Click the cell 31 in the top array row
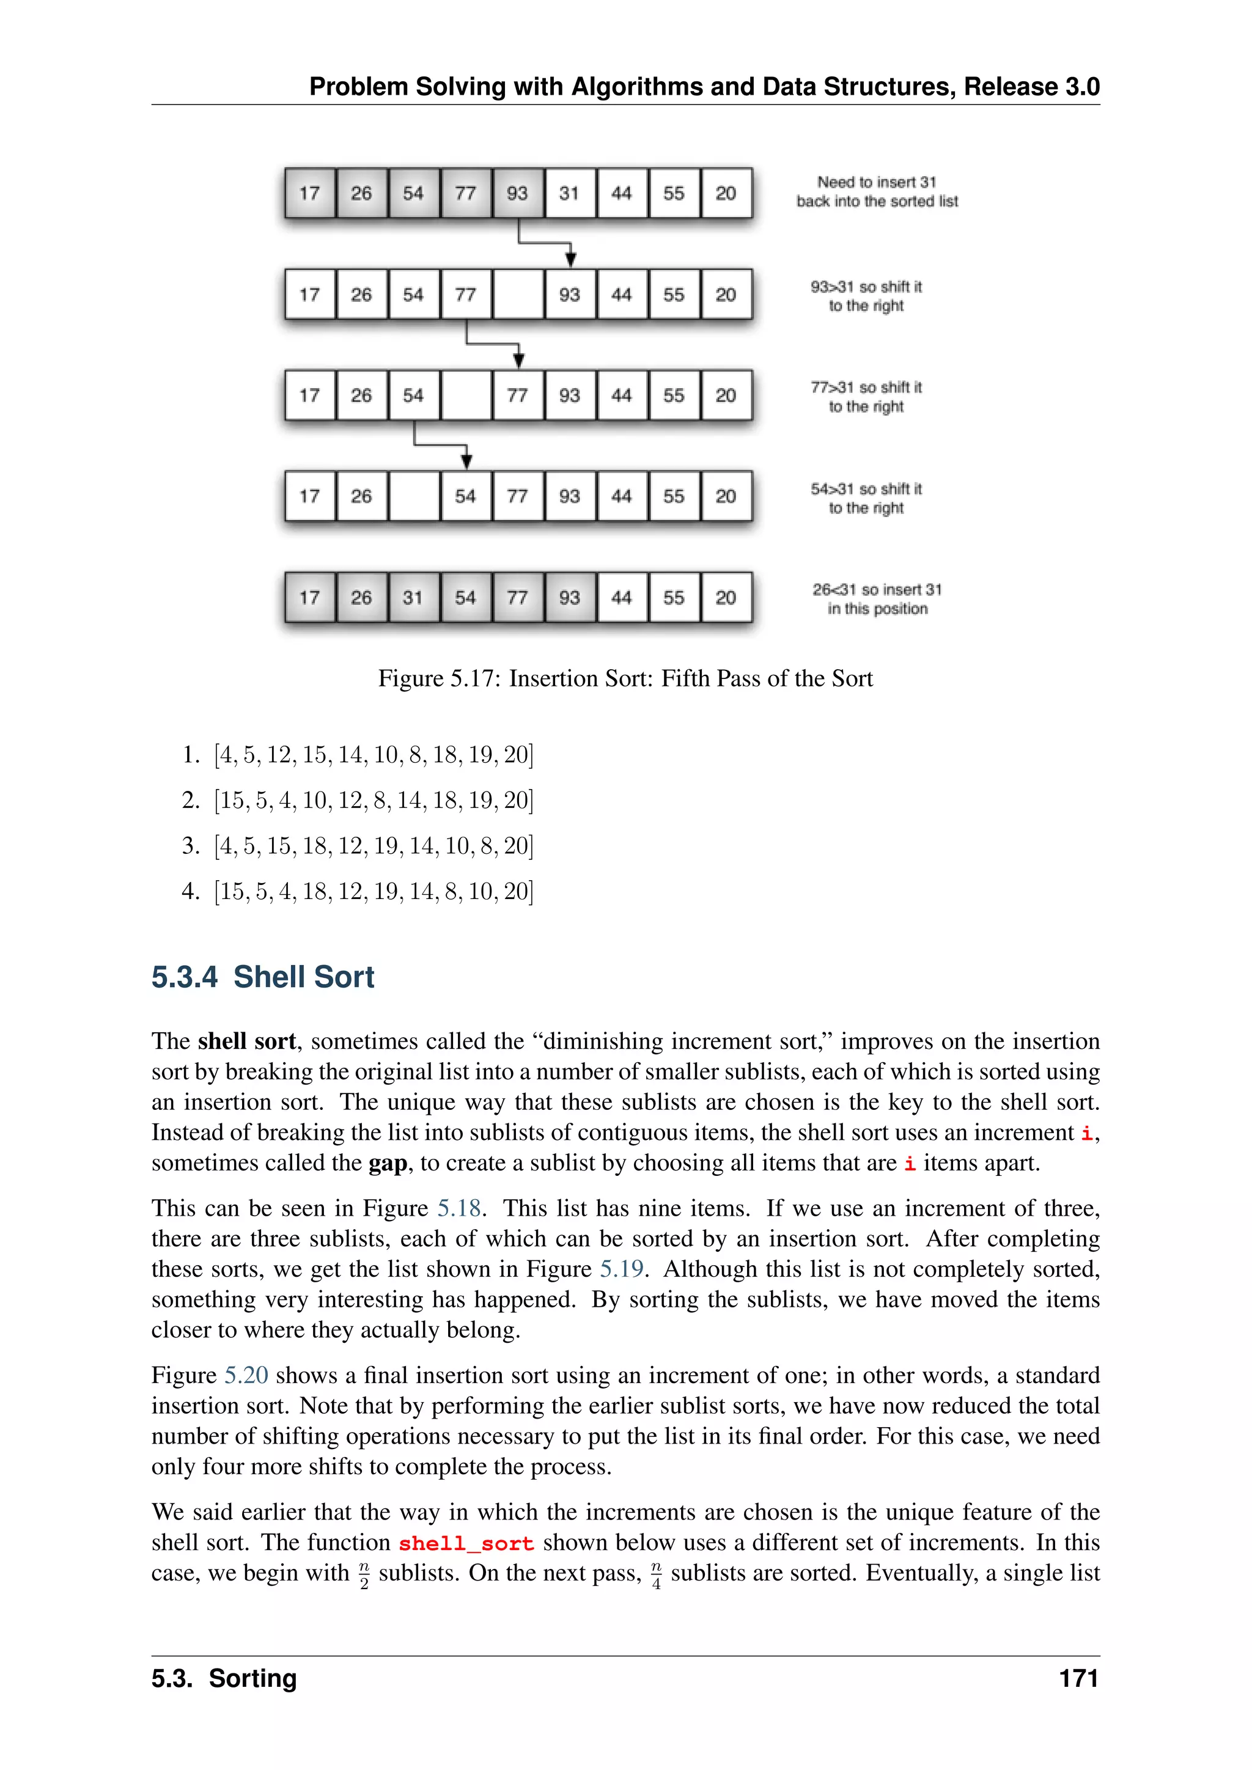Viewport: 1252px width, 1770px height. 569,194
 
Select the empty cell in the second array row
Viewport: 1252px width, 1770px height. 517,295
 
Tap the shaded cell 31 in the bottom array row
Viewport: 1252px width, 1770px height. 413,598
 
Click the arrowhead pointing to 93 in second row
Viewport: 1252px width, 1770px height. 570,260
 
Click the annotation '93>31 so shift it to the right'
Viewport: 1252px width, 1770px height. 866,296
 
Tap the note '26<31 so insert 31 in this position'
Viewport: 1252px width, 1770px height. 877,599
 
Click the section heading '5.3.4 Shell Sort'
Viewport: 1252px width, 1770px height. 263,977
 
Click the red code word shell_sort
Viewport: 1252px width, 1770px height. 466,1543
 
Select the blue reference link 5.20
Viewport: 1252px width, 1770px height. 246,1375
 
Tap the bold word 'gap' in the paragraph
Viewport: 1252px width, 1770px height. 387,1162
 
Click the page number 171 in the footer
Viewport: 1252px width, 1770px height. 1078,1678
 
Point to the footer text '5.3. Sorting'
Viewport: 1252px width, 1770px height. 224,1678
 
